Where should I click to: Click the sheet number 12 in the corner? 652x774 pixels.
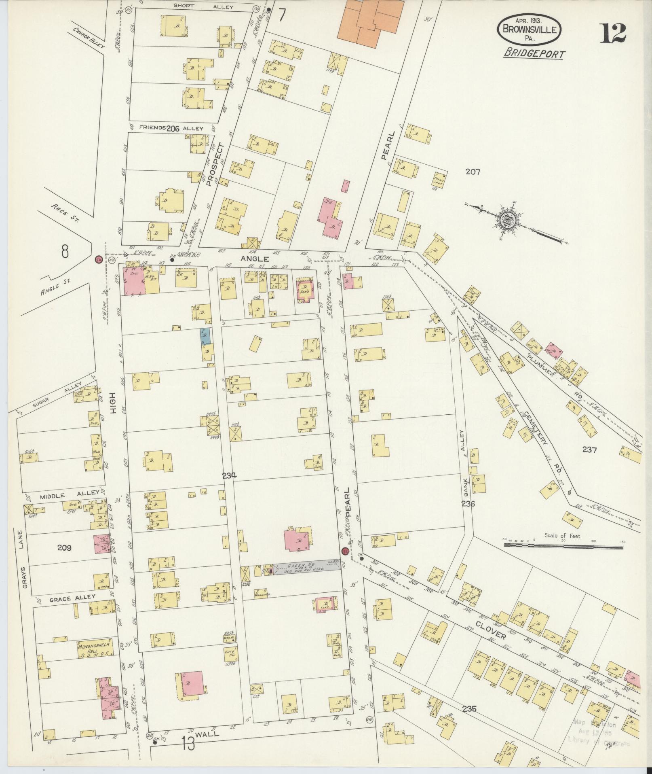click(613, 34)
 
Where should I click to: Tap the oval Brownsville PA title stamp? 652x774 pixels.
click(529, 29)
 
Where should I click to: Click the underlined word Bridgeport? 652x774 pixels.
click(534, 54)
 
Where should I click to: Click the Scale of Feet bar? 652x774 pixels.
click(563, 546)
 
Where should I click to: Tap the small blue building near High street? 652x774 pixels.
click(206, 336)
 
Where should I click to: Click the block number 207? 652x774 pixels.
click(472, 172)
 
